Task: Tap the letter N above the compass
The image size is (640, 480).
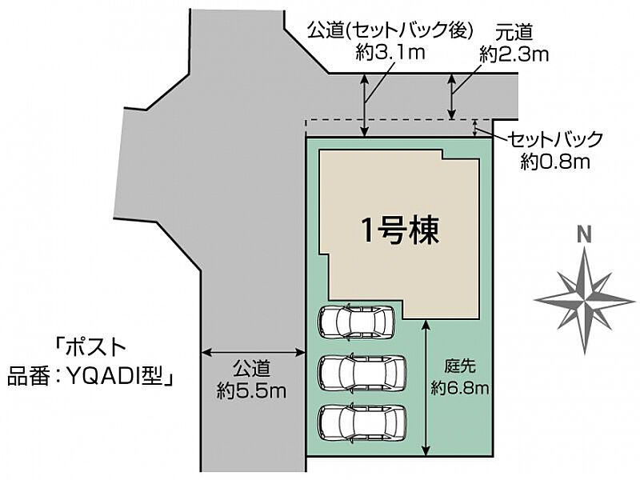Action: point(585,234)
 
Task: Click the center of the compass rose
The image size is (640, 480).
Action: point(585,298)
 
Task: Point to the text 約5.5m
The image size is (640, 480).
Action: point(251,390)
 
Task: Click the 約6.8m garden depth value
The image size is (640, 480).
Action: point(460,389)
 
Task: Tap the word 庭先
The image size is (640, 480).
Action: point(460,368)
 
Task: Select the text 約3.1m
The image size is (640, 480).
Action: point(389,53)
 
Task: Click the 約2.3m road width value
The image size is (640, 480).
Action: point(514,54)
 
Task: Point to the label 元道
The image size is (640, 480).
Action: point(514,31)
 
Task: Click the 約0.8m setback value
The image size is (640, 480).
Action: point(554,162)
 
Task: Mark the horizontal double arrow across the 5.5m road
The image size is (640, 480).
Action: point(252,351)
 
